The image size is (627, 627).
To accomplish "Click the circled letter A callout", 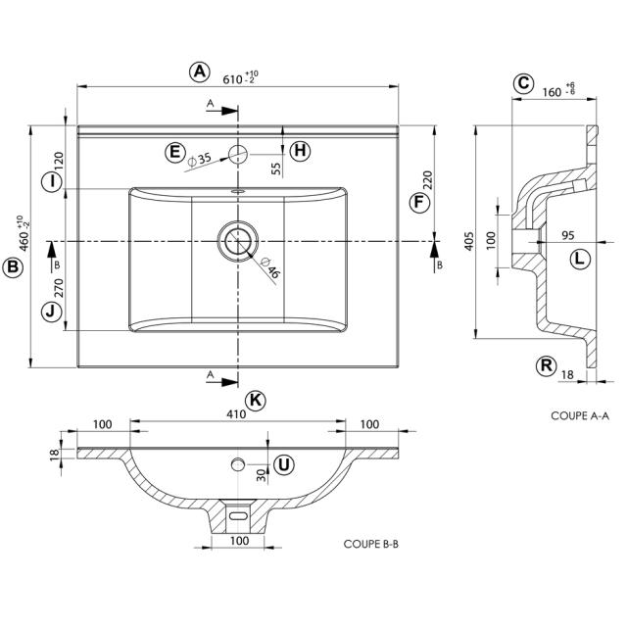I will pyautogui.click(x=199, y=72).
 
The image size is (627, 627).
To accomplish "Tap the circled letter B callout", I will pyautogui.click(x=13, y=267).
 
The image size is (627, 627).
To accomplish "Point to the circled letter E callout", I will pyautogui.click(x=174, y=152).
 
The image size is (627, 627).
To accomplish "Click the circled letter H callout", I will pyautogui.click(x=300, y=151).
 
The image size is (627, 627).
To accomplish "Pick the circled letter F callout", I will pyautogui.click(x=418, y=202).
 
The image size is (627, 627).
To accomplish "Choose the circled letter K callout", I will pyautogui.click(x=256, y=400).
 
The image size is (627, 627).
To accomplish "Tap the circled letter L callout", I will pyautogui.click(x=580, y=259).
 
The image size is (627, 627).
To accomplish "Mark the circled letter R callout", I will pyautogui.click(x=547, y=366).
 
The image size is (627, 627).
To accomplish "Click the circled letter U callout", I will pyautogui.click(x=283, y=464).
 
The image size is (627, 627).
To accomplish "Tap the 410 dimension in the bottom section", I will pyautogui.click(x=236, y=414).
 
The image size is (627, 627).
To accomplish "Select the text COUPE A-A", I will pyautogui.click(x=580, y=415).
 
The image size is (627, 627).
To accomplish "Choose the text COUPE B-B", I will pyautogui.click(x=371, y=543).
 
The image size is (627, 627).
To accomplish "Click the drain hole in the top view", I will pyautogui.click(x=237, y=240).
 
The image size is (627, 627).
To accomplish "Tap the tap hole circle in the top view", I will pyautogui.click(x=238, y=152).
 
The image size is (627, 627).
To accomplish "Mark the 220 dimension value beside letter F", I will pyautogui.click(x=427, y=180).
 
